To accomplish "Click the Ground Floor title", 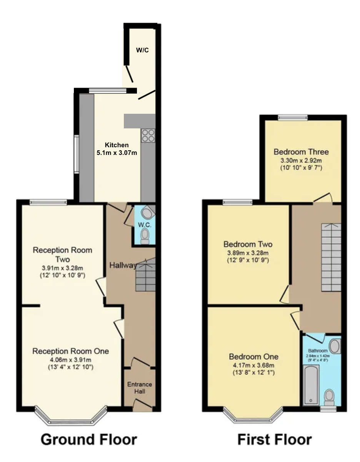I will [88, 439].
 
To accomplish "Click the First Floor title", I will [274, 439].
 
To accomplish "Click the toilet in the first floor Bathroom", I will [330, 397].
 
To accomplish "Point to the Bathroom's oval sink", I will [335, 346].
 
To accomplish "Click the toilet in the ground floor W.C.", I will [145, 236].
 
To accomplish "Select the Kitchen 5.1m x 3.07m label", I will [117, 149].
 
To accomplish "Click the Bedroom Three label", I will [301, 151].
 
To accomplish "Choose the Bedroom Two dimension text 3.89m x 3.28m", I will [248, 253].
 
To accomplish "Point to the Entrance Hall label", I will [140, 388].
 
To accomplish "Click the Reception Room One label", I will [70, 351].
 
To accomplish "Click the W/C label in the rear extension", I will [142, 50].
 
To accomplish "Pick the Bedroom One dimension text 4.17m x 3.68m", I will [253, 365].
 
